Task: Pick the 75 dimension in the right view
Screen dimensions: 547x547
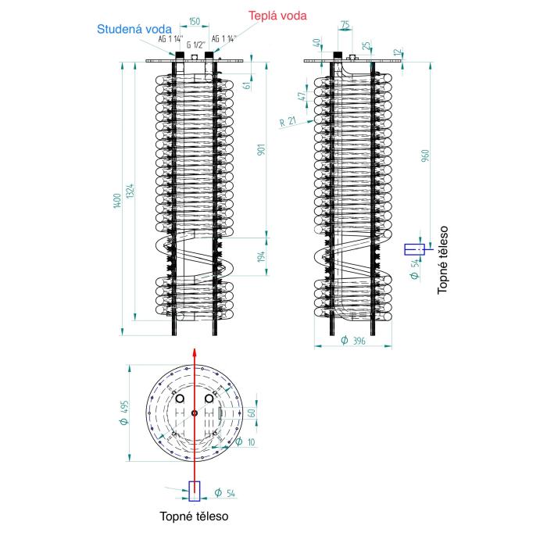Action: [x=345, y=25]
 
